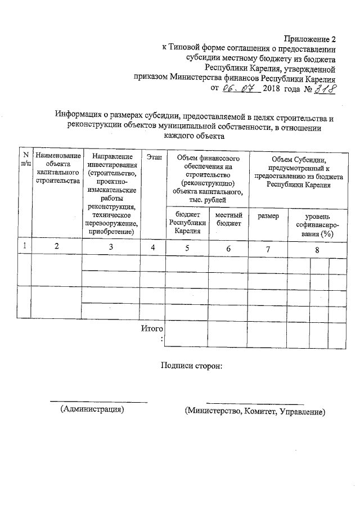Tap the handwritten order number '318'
point(323,88)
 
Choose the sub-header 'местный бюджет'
point(228,219)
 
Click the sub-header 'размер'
point(268,216)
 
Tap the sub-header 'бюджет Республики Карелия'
point(188,223)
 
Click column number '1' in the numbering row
point(24,247)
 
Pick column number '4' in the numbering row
point(152,247)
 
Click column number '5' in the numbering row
point(188,247)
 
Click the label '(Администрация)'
point(92,409)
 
